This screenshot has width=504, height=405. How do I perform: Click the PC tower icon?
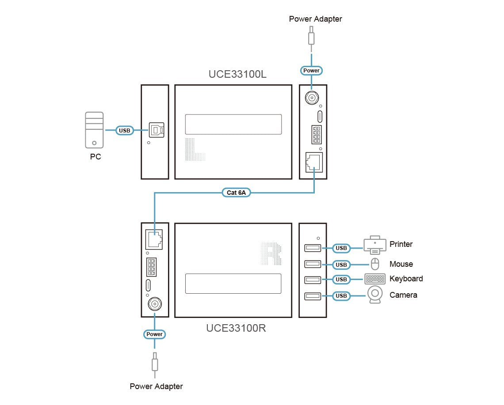(94, 129)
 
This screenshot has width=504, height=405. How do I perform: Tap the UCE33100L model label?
(237, 74)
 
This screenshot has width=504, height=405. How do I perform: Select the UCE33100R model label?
(236, 328)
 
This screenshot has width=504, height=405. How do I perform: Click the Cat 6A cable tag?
(236, 193)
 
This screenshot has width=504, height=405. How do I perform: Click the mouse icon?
(375, 264)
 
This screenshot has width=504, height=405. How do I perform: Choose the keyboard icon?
(375, 279)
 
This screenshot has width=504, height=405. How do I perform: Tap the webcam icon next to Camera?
(375, 295)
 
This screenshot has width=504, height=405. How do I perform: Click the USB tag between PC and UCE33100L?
(125, 130)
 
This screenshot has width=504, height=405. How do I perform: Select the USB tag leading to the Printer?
(341, 248)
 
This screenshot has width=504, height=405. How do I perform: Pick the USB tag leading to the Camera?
(341, 295)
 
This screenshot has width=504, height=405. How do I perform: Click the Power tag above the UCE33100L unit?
(311, 70)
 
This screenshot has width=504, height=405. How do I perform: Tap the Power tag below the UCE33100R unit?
(155, 334)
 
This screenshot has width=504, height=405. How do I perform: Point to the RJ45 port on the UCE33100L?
(313, 162)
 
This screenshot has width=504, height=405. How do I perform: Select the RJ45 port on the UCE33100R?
(154, 240)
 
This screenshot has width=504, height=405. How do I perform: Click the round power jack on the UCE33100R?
(154, 304)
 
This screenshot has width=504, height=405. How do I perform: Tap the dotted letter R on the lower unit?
(271, 254)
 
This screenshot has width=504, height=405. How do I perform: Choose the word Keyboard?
(406, 279)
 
